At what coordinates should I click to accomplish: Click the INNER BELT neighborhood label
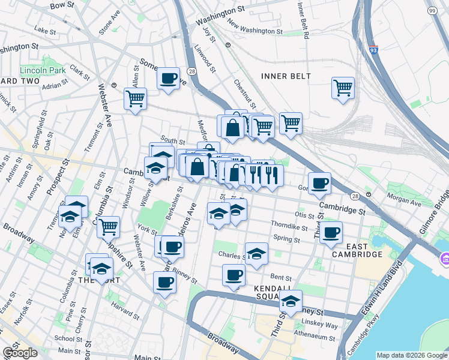286,76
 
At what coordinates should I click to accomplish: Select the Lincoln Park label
43,70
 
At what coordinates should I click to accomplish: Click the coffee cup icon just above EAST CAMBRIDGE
330,232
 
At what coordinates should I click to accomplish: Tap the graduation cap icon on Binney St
291,301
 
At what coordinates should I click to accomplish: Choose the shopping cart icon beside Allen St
135,98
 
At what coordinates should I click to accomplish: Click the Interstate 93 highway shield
373,52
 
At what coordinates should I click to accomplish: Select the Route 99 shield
432,11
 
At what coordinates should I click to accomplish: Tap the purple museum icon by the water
445,260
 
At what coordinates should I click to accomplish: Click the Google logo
20,352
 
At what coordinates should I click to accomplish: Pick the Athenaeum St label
315,337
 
